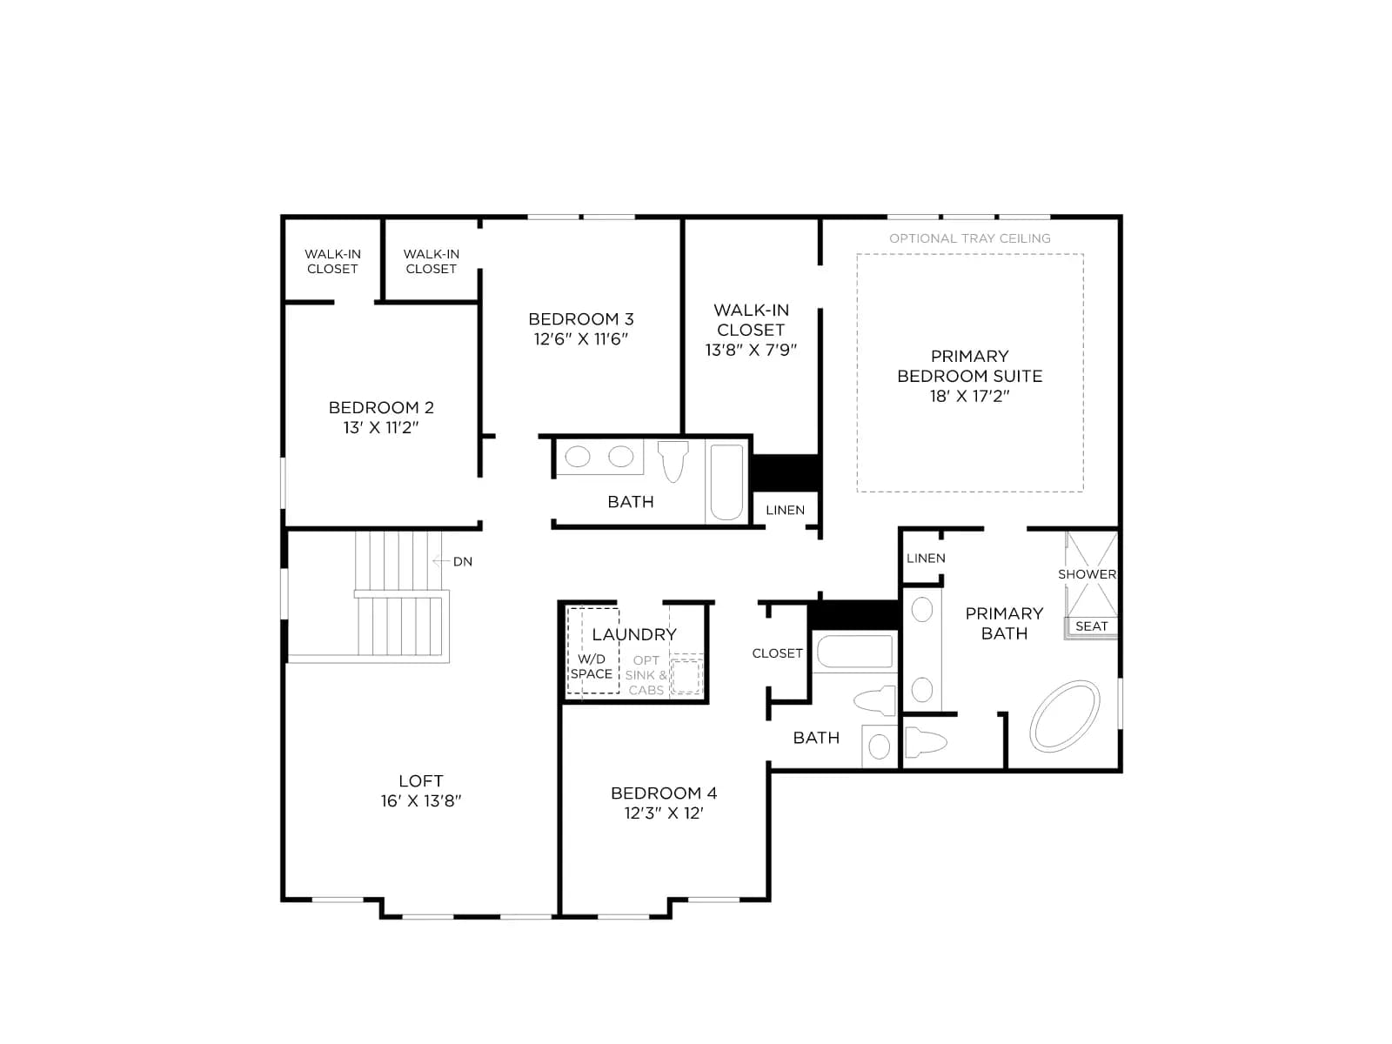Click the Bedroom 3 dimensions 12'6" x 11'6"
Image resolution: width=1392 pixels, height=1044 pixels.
click(x=580, y=339)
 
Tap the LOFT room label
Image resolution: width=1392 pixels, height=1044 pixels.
click(x=420, y=780)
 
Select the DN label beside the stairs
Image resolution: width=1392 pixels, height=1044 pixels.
click(x=462, y=562)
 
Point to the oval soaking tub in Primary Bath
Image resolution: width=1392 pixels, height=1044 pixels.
click(x=1065, y=716)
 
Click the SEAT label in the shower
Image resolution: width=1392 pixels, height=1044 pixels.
click(x=1091, y=626)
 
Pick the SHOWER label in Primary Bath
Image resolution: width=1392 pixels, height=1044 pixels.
click(x=1087, y=574)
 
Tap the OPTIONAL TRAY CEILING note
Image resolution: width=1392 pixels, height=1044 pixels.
click(x=970, y=238)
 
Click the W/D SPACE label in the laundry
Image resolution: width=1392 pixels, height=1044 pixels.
click(x=591, y=666)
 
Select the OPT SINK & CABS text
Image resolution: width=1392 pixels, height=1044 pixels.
click(x=646, y=675)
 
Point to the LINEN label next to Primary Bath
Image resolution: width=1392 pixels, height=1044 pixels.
click(x=926, y=559)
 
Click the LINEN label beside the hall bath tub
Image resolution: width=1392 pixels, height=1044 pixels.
click(x=785, y=511)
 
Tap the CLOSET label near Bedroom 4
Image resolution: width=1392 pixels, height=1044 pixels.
click(x=777, y=653)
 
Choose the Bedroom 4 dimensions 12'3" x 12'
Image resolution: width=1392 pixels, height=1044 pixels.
click(x=663, y=813)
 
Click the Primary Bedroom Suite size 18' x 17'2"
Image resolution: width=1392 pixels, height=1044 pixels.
click(x=969, y=396)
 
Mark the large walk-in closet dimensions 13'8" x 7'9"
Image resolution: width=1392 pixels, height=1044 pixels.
click(x=751, y=350)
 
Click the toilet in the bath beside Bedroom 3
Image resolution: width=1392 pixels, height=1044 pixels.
click(x=673, y=461)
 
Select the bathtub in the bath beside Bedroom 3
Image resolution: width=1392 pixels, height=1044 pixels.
click(x=726, y=482)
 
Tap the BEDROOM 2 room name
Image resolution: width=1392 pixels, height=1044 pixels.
click(x=381, y=407)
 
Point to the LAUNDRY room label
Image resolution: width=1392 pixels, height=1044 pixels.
click(x=634, y=634)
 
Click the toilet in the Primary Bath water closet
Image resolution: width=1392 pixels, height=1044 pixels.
click(x=926, y=742)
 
